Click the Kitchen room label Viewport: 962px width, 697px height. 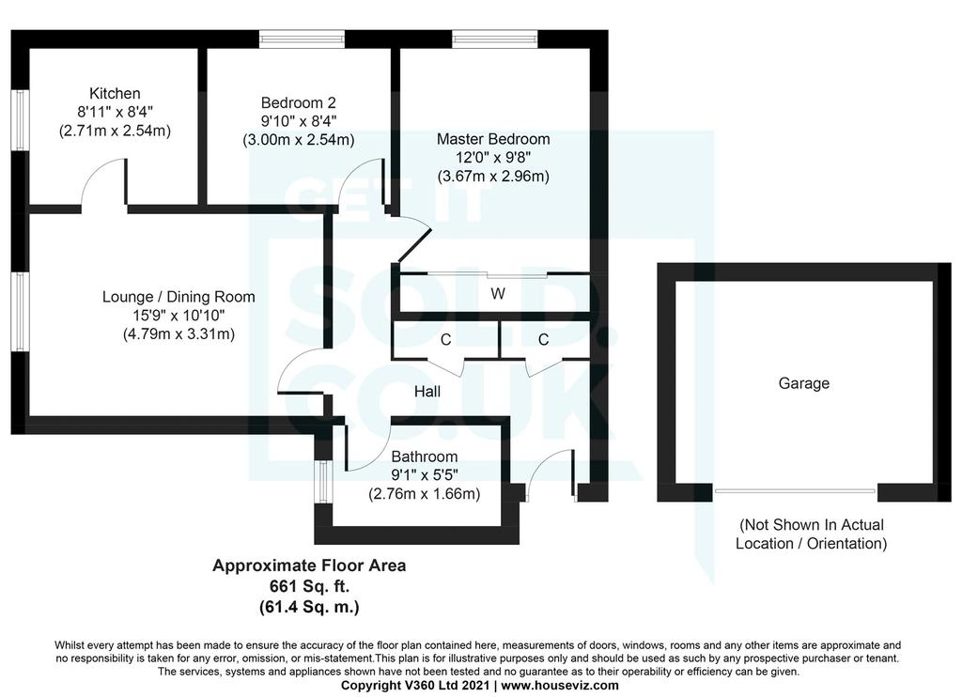(115, 93)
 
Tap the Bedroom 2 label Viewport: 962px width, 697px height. (298, 102)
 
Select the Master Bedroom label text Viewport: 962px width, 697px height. (493, 139)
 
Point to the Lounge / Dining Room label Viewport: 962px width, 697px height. (178, 297)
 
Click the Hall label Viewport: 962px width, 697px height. (427, 392)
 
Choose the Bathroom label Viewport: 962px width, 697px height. (425, 457)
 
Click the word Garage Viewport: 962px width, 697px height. (804, 383)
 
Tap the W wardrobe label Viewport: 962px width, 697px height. (498, 294)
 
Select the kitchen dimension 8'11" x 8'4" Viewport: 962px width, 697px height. (115, 112)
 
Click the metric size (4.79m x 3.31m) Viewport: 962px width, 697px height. (178, 334)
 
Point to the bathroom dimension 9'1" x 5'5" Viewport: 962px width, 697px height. (425, 475)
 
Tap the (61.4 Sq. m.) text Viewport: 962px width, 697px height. (309, 607)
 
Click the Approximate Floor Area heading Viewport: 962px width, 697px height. (309, 565)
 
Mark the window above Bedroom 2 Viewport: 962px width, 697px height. (302, 39)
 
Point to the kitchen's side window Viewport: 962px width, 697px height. (21, 120)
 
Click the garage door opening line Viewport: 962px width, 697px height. (795, 491)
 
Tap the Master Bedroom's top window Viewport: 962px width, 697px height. (495, 39)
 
